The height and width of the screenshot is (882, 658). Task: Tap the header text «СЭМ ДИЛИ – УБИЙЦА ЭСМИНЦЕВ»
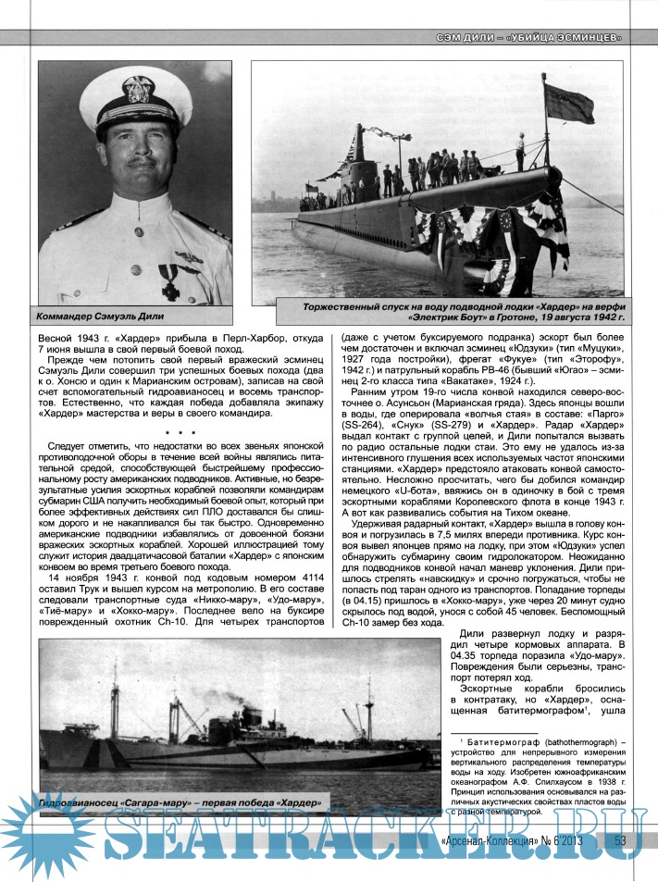click(528, 38)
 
